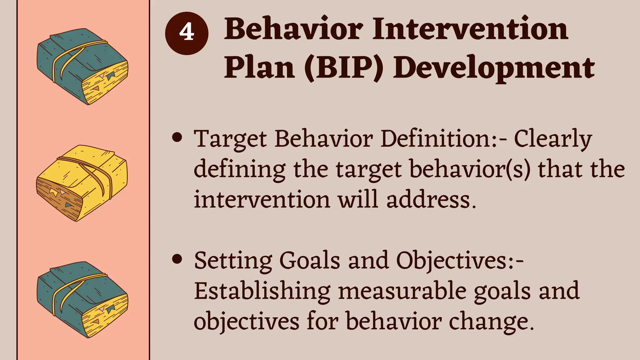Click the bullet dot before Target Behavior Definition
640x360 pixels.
coord(177,138)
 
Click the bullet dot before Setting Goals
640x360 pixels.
coord(177,259)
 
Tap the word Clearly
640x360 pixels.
coord(553,139)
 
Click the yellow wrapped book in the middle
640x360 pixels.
coord(82,183)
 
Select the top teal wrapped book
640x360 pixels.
coord(82,67)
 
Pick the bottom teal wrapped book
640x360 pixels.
coord(82,299)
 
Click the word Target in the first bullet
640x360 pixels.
coord(230,139)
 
